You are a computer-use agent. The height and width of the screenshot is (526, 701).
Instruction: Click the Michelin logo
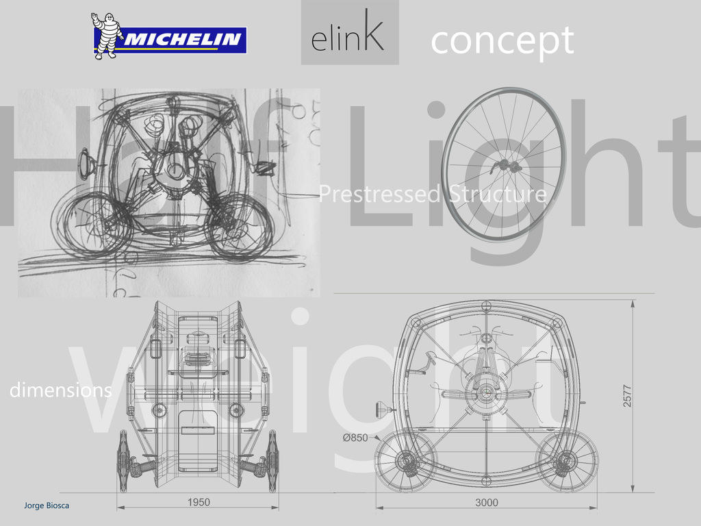169,36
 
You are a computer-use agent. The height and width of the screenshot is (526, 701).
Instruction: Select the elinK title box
349,33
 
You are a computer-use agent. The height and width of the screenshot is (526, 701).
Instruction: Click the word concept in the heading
502,41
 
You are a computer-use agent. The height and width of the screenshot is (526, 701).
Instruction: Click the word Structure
498,195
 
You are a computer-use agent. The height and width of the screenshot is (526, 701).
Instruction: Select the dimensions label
60,390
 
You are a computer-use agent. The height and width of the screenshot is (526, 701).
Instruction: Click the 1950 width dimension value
199,502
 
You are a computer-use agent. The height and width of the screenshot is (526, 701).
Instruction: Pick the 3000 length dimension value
487,502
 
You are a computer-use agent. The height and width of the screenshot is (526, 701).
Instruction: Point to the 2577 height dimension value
628,395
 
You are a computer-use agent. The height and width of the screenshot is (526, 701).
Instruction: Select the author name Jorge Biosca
47,505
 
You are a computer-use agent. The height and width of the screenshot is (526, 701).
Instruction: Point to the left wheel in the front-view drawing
124,461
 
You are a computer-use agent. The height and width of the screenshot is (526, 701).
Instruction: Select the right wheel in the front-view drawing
272,461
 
